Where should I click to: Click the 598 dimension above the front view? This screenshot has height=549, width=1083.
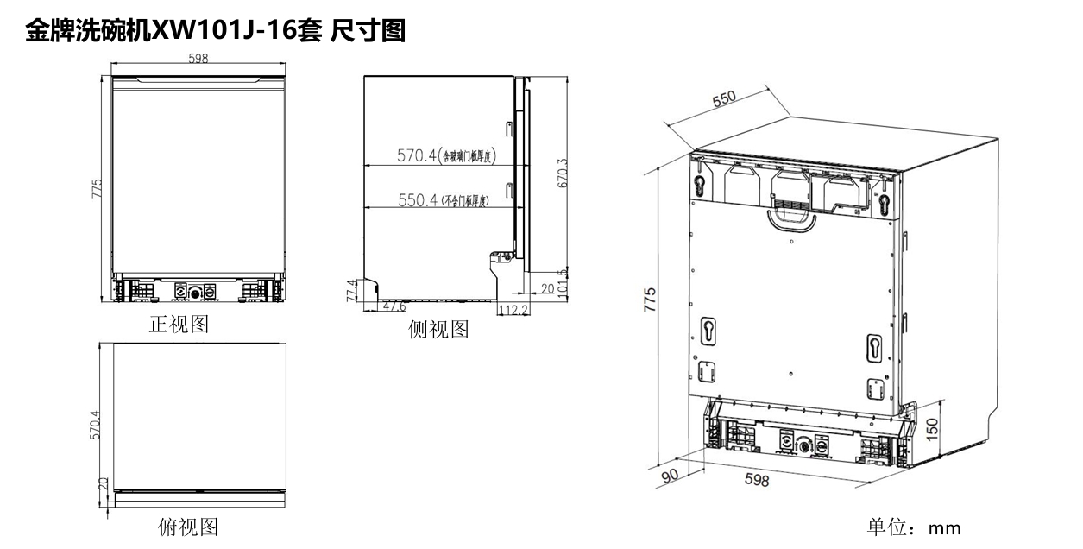click(197, 60)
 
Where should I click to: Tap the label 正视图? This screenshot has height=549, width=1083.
click(179, 325)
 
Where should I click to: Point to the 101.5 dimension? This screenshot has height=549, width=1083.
click(563, 282)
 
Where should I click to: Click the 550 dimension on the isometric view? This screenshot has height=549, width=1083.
click(723, 99)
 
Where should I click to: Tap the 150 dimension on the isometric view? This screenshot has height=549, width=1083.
click(931, 427)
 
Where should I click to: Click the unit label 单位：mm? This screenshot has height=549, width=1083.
click(913, 527)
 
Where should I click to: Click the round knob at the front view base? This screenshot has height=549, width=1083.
click(195, 293)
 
